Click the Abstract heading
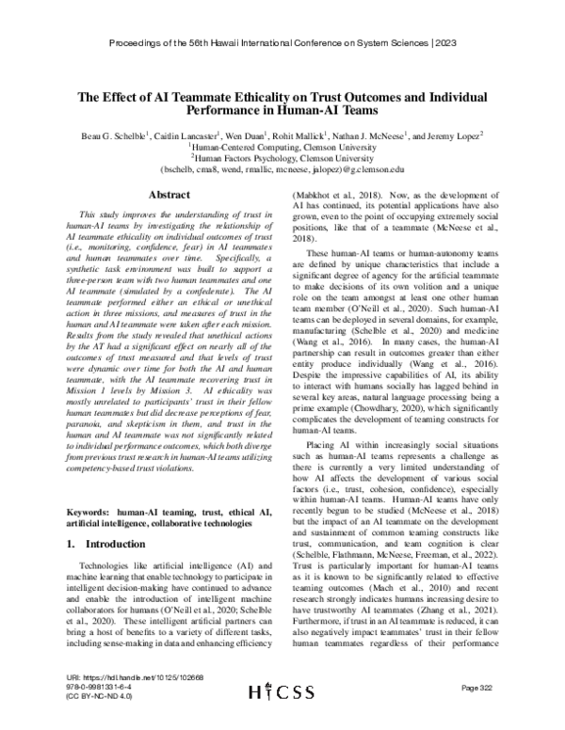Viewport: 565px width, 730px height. (x=164, y=194)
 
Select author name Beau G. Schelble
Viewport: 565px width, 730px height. (x=113, y=135)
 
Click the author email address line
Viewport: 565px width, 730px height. (x=282, y=169)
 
